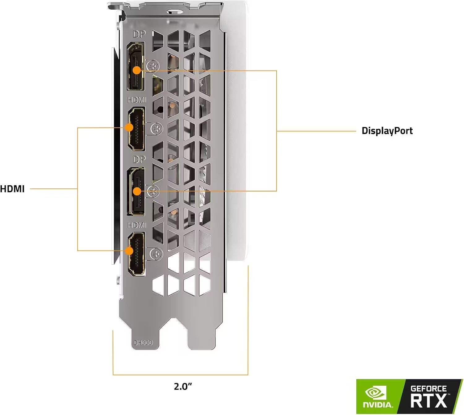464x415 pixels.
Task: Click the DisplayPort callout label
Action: (387, 131)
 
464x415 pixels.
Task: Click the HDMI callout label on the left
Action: (12, 189)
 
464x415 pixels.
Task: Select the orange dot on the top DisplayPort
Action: (137, 70)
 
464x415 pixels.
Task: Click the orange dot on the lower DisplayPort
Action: (137, 191)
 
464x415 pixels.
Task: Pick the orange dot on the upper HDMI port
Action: (129, 127)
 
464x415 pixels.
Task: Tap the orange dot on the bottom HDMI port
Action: (129, 250)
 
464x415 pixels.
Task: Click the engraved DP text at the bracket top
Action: (139, 34)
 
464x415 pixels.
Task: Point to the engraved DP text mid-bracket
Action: (139, 159)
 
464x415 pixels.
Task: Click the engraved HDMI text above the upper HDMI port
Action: (137, 100)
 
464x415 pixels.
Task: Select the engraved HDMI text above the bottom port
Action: (137, 225)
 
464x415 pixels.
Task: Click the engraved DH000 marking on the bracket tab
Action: (143, 343)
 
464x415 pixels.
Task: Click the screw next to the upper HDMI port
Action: (157, 129)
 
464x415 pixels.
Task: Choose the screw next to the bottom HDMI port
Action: (157, 254)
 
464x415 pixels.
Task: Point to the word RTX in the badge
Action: (428, 401)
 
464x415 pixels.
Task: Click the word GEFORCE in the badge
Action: (428, 388)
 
